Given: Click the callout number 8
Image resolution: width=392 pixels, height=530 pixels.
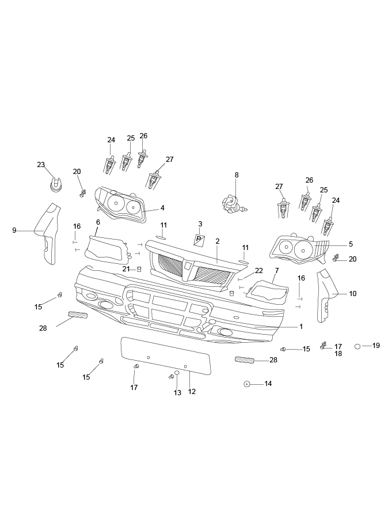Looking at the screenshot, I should (x=236, y=175).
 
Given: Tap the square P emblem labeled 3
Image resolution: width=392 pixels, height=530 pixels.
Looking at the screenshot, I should (x=199, y=239).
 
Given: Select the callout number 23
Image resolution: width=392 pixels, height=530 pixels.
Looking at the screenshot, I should (x=41, y=165).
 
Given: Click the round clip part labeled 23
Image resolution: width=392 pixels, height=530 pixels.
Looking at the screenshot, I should (x=55, y=185).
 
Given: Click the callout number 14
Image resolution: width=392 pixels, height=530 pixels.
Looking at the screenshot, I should (x=268, y=383).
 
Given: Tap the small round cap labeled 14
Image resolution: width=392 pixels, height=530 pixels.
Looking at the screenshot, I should (x=246, y=384).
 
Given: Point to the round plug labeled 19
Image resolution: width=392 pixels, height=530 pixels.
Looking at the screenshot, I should (x=357, y=346).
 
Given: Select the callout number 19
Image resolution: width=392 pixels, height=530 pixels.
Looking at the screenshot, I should (x=376, y=346).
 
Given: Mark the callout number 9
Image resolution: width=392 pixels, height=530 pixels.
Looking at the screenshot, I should (x=14, y=230).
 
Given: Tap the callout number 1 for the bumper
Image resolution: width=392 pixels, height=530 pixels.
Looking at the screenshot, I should (x=300, y=326).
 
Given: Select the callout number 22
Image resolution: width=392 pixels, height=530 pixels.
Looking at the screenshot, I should (x=259, y=270).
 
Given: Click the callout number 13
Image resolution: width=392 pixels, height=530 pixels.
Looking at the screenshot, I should (x=177, y=393).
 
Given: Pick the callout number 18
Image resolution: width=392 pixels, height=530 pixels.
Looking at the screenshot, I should (x=338, y=354).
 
